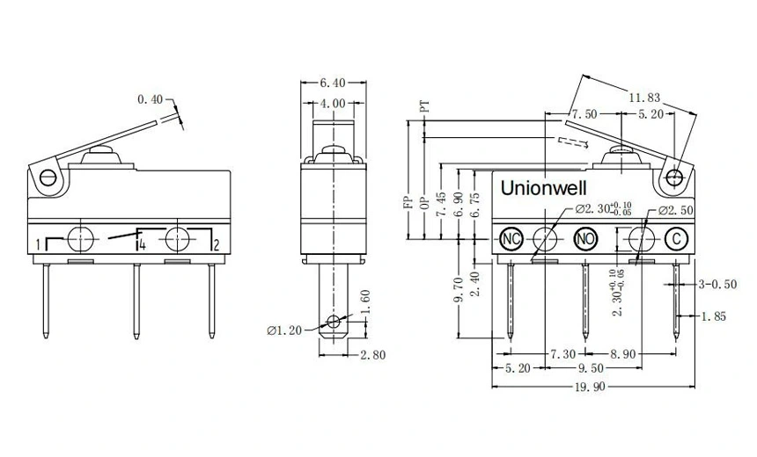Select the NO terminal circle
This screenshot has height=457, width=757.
(x=585, y=238)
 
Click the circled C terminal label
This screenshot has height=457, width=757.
(x=675, y=238)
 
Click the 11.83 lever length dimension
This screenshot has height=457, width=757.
(x=645, y=99)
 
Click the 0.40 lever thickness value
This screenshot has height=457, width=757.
(x=150, y=100)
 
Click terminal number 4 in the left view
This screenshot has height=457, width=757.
(x=141, y=245)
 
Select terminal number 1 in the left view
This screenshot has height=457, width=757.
(x=39, y=243)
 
